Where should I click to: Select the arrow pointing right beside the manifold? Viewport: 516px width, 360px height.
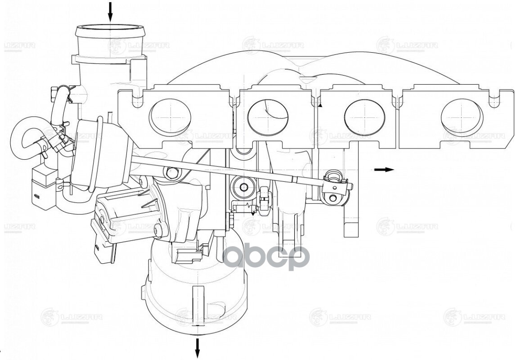[x=384, y=170]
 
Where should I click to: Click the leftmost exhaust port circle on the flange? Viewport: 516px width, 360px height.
[x=170, y=116]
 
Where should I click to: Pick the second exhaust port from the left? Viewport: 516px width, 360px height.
[x=268, y=116]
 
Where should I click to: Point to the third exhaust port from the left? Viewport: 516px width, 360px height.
[x=365, y=116]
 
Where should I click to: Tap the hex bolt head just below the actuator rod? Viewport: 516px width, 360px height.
[x=171, y=172]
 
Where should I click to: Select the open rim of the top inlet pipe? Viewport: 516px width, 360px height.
[x=110, y=32]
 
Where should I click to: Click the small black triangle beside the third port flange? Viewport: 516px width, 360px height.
[x=320, y=104]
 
